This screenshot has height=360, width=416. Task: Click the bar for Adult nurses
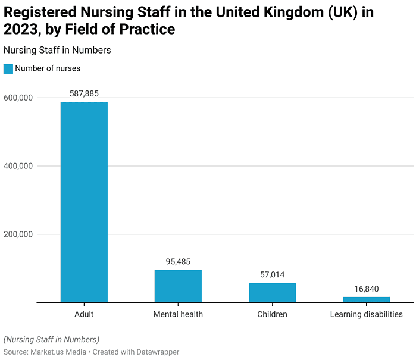(84, 202)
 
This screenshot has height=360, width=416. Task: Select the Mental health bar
(178, 286)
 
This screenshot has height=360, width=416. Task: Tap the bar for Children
(272, 293)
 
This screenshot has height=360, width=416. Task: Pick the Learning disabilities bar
(366, 299)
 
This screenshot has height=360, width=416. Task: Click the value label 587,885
(84, 93)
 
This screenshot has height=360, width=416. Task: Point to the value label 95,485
(178, 262)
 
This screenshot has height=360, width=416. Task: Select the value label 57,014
(272, 275)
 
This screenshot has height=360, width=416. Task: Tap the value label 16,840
(366, 289)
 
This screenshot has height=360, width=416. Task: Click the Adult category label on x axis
(84, 314)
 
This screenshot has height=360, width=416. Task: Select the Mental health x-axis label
(178, 314)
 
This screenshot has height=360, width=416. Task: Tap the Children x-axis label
(272, 314)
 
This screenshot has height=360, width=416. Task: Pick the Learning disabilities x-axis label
(366, 314)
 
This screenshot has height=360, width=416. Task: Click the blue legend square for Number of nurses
(8, 68)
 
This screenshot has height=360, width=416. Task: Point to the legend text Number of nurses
(48, 68)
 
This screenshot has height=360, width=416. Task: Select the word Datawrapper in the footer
(158, 352)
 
